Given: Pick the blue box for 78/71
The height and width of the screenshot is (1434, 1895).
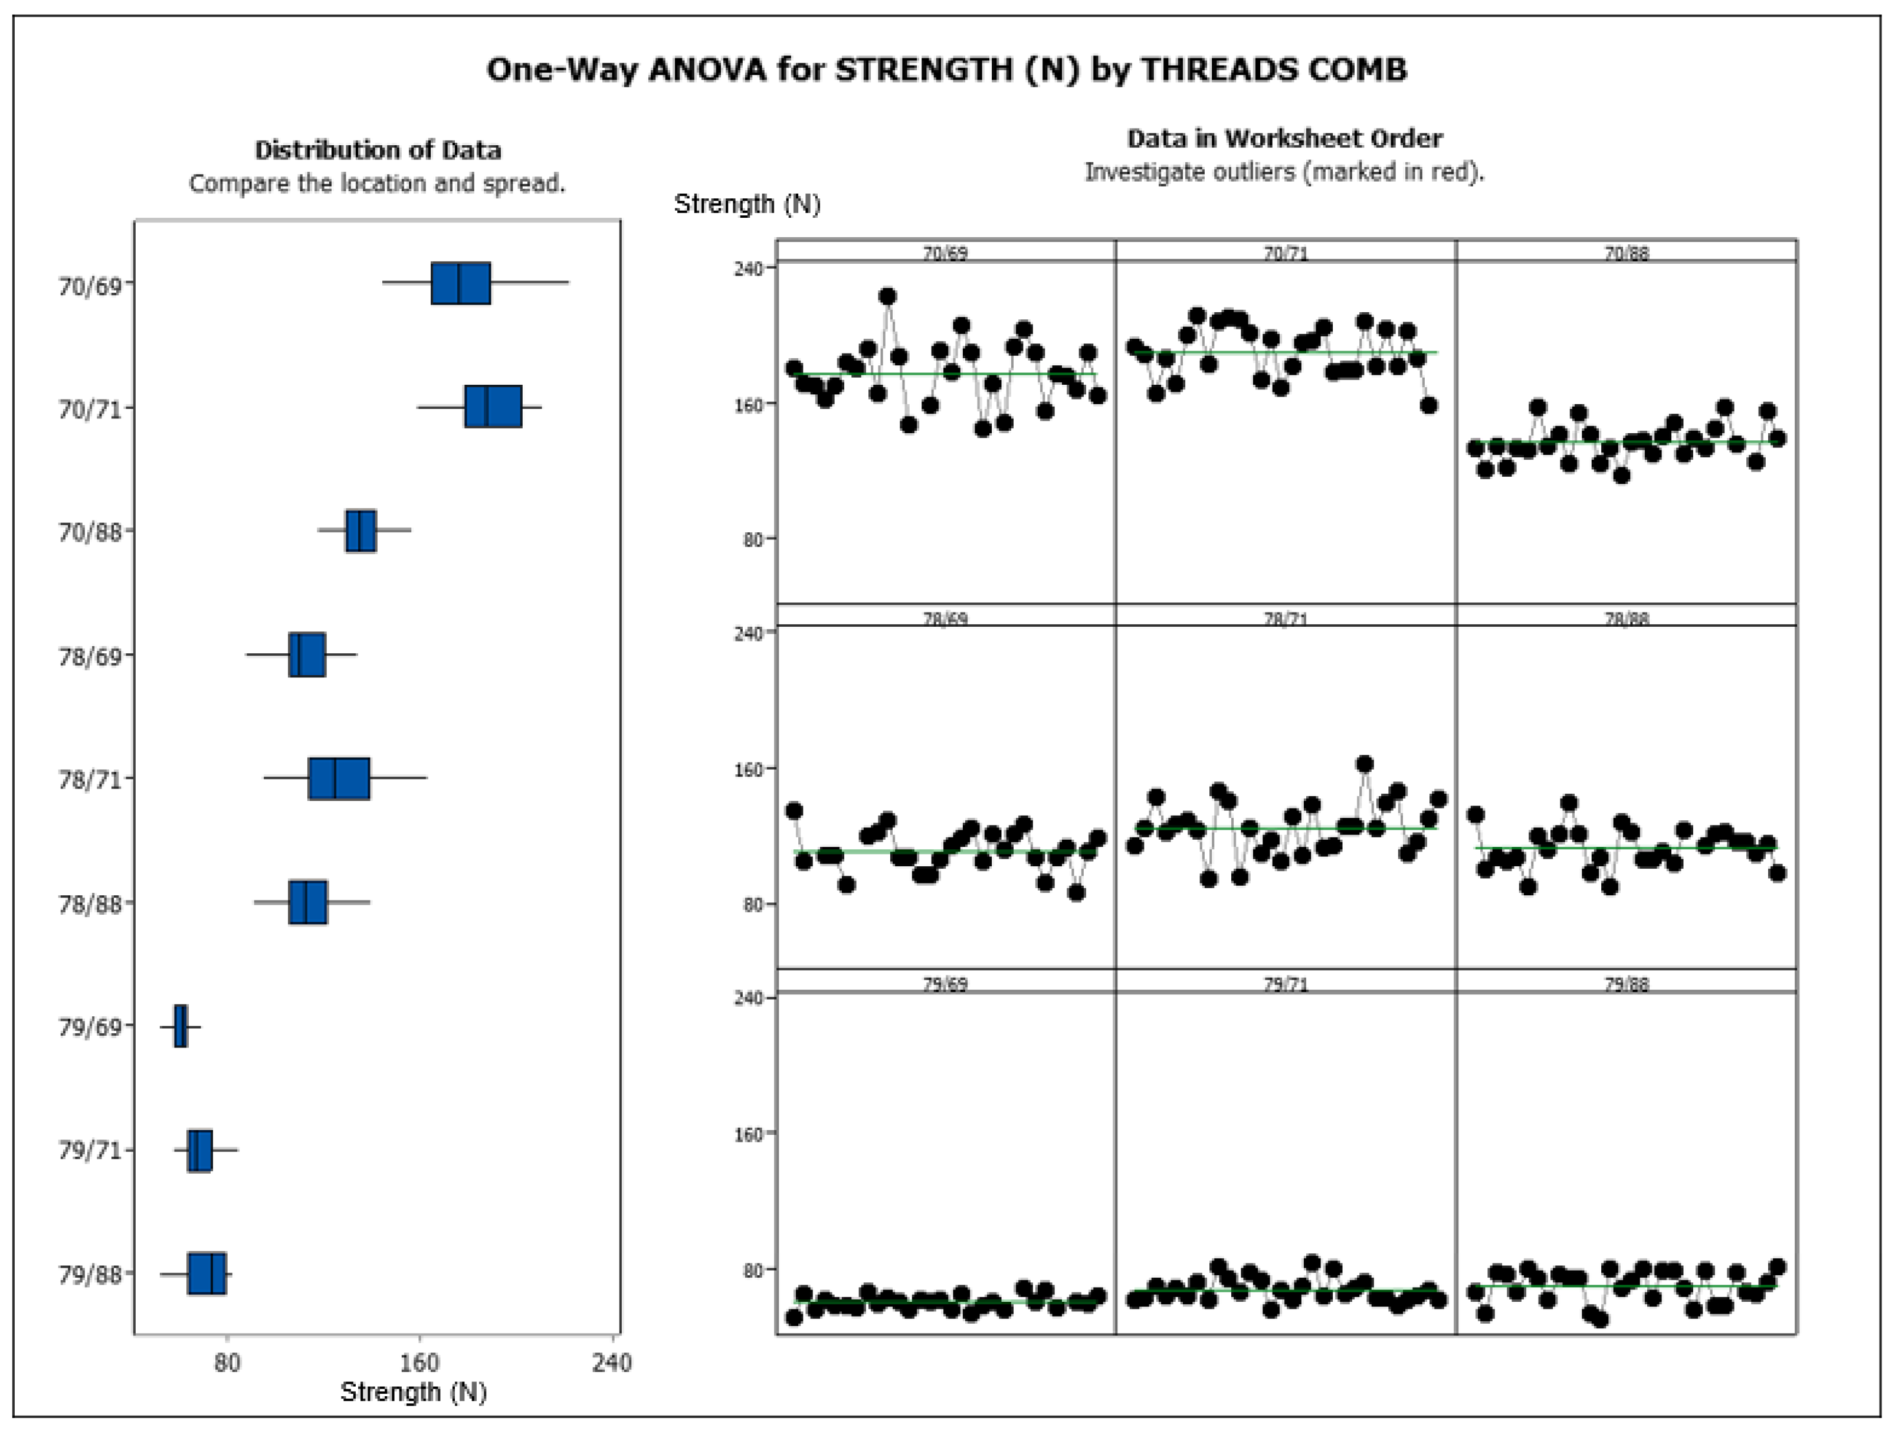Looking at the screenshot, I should coord(339,778).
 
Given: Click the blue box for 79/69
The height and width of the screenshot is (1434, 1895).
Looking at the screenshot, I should coord(181,1026).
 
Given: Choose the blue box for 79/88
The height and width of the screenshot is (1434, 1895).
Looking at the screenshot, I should coord(206,1273).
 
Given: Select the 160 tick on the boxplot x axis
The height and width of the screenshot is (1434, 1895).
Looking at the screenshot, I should coord(419,1363).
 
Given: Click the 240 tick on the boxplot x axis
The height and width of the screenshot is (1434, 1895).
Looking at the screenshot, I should coord(612,1363).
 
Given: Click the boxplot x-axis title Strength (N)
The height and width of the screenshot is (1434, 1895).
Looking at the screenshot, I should coord(413,1392).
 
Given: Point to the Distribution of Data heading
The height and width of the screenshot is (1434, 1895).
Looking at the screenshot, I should coord(378,150).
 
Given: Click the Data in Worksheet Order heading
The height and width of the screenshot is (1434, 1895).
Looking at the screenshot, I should coord(1284,138).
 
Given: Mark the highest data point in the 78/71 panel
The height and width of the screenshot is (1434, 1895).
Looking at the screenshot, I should coord(1365,764).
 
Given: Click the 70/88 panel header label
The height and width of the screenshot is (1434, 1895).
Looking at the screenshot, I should coord(1626,253).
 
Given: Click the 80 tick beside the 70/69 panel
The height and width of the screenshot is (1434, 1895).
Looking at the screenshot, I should coord(753,539).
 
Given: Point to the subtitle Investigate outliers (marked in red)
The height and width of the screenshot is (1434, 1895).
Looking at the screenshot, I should coord(1284,172).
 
